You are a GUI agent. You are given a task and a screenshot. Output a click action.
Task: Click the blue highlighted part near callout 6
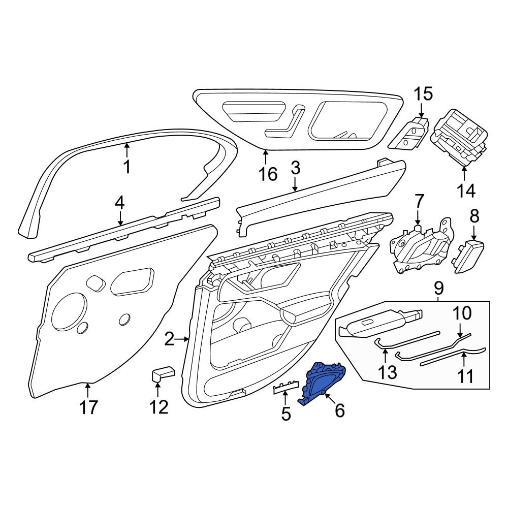[x=323, y=383]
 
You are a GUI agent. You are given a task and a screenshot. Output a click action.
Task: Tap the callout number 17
[x=88, y=407]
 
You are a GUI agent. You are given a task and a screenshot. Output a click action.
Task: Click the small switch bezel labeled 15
[x=409, y=133]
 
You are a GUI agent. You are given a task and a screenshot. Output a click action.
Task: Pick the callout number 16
[x=268, y=174]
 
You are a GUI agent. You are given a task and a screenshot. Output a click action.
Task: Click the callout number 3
[x=296, y=168]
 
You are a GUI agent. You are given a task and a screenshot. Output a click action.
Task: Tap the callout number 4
[x=119, y=203]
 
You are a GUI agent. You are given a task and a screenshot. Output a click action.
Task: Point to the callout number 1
[x=128, y=167]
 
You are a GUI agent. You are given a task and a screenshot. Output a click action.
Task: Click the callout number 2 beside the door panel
[x=169, y=339]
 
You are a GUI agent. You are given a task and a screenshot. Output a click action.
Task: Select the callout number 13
[x=388, y=372]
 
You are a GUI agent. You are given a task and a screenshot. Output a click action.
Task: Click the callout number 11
[x=465, y=376]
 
